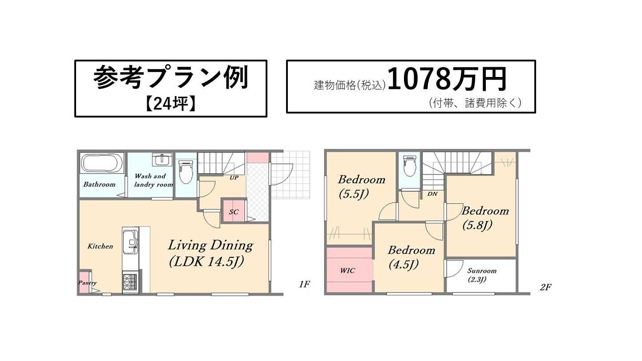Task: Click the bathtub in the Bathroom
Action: (x=100, y=163)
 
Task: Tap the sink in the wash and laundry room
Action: (x=162, y=159)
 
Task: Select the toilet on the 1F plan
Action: (x=186, y=172)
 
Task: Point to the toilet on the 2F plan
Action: (x=409, y=165)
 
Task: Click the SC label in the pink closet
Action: (x=234, y=212)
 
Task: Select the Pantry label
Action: (x=87, y=283)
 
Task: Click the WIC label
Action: (x=347, y=270)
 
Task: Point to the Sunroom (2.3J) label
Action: (x=482, y=275)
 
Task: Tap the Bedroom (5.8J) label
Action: (x=485, y=219)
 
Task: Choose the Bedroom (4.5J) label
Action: (x=411, y=257)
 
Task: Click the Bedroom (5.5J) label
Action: (x=362, y=187)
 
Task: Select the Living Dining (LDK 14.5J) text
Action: (x=210, y=254)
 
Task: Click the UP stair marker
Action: (x=234, y=178)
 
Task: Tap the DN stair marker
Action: (x=432, y=194)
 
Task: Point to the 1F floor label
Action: (x=304, y=284)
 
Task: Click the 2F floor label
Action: (x=545, y=287)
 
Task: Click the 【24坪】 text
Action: (x=171, y=104)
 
